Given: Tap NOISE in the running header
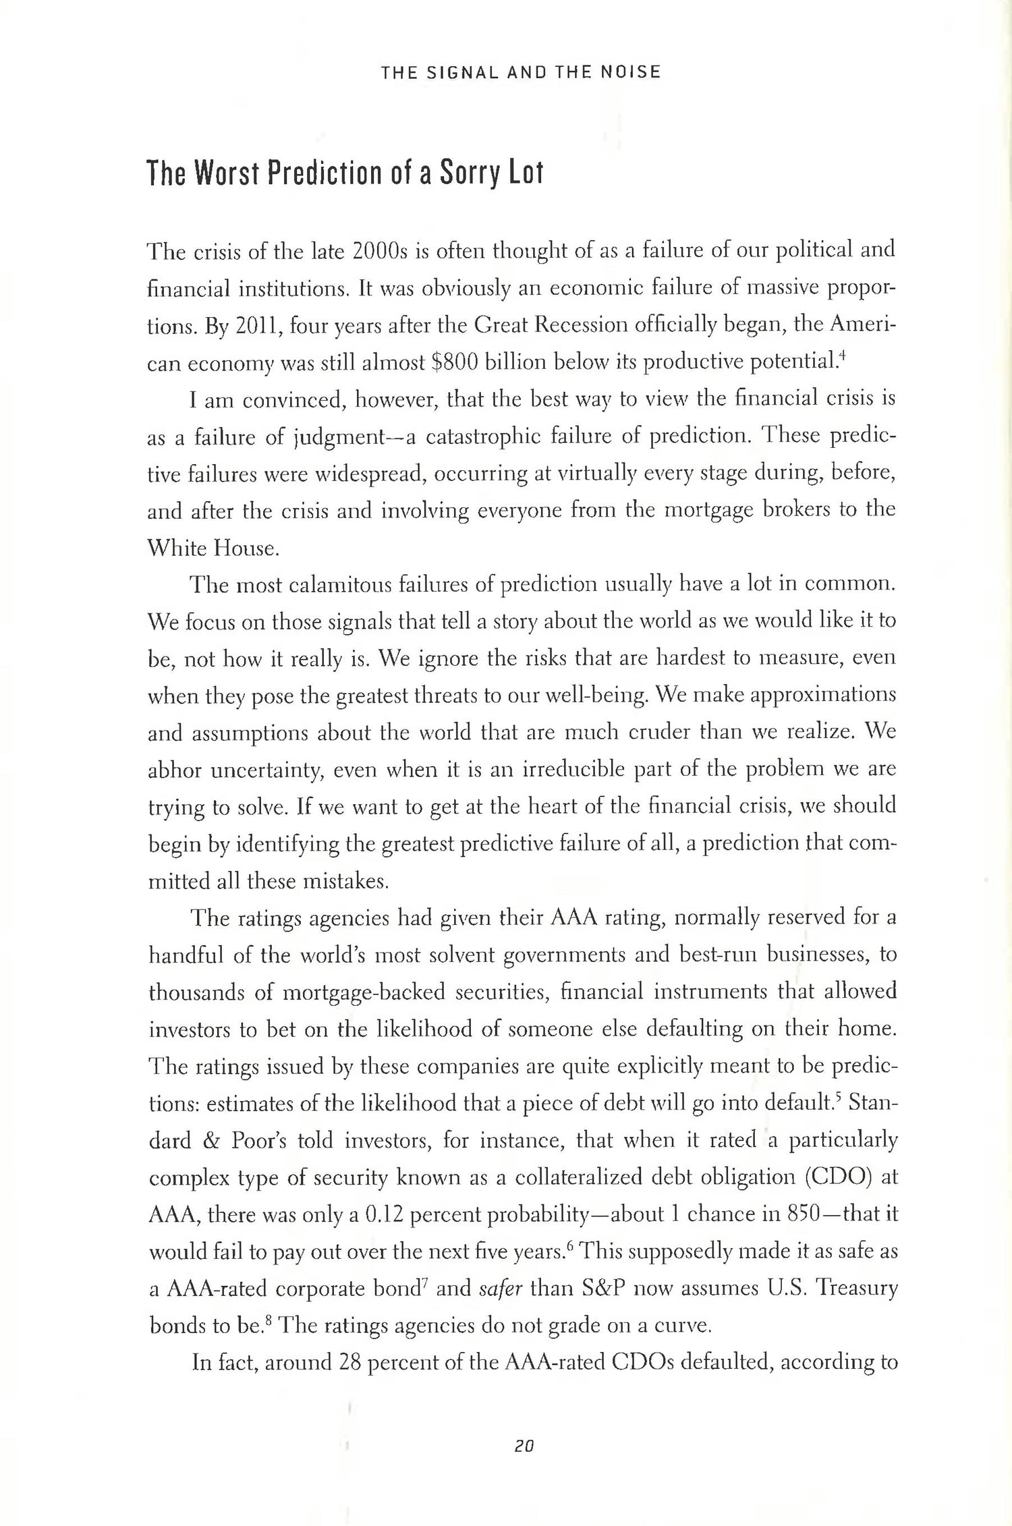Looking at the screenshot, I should tap(630, 72).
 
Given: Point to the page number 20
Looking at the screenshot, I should tap(524, 1446).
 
